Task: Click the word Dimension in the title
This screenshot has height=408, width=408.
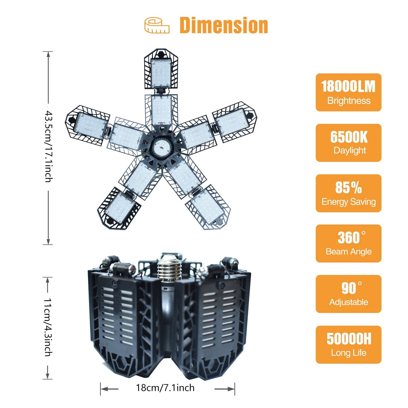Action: (x=224, y=25)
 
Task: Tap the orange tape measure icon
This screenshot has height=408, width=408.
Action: (x=157, y=25)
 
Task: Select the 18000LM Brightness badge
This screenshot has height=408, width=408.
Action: (x=348, y=92)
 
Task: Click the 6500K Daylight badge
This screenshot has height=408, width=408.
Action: (x=348, y=143)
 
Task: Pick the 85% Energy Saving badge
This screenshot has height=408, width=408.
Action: (x=348, y=193)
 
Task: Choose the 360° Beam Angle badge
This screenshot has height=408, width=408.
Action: (x=348, y=243)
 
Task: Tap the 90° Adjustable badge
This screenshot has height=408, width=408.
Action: (x=348, y=294)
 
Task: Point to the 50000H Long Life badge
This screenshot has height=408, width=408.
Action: (x=348, y=344)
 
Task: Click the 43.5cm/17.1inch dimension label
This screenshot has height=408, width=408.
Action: (x=48, y=147)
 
